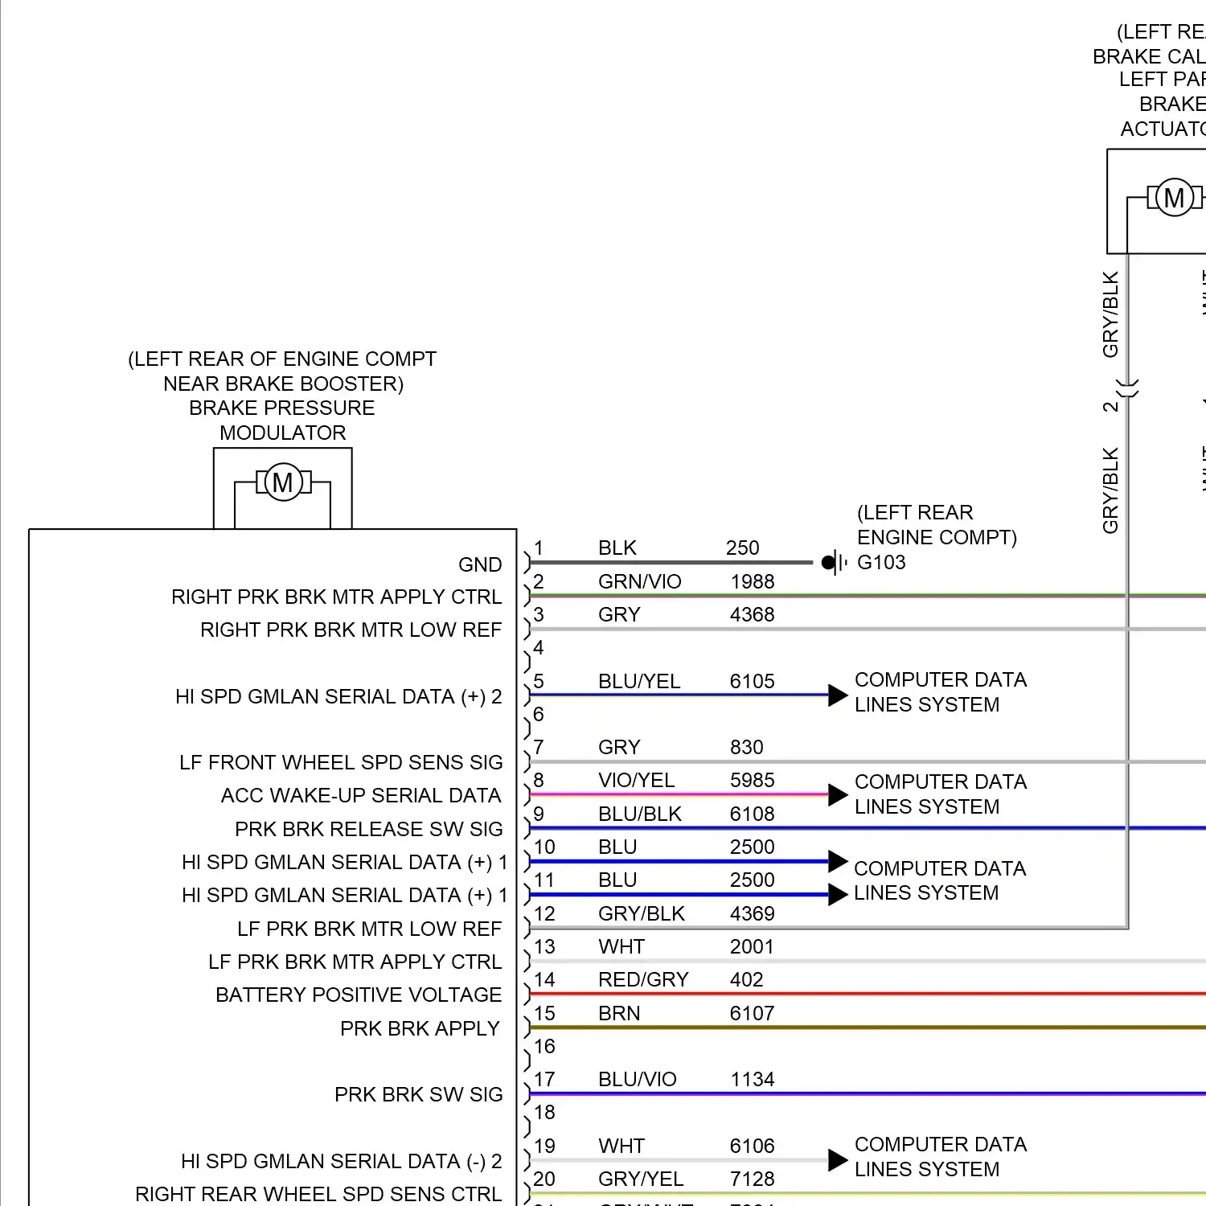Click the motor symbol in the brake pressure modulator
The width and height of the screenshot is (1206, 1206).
pyautogui.click(x=283, y=482)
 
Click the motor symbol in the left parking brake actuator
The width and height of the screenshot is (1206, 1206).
pyautogui.click(x=1174, y=197)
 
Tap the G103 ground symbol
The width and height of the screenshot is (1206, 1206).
pyautogui.click(x=834, y=562)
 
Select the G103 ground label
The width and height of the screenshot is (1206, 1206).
pyautogui.click(x=881, y=562)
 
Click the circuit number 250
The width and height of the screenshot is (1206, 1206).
pyautogui.click(x=742, y=548)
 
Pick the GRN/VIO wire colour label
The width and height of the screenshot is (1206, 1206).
pyautogui.click(x=639, y=581)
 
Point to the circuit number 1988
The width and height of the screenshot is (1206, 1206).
pyautogui.click(x=752, y=581)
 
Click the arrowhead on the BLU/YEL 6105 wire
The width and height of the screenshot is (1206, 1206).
pyautogui.click(x=838, y=695)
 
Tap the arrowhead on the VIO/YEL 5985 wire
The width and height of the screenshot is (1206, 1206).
pyautogui.click(x=838, y=795)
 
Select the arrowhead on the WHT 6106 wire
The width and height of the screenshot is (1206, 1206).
pyautogui.click(x=838, y=1160)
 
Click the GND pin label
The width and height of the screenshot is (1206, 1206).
pyautogui.click(x=480, y=565)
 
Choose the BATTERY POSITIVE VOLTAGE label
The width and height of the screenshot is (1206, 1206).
pyautogui.click(x=359, y=995)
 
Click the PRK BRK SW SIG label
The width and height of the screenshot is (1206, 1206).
pyautogui.click(x=418, y=1095)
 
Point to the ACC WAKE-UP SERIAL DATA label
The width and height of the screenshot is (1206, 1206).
pyautogui.click(x=361, y=796)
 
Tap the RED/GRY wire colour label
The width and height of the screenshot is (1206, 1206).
pyautogui.click(x=643, y=980)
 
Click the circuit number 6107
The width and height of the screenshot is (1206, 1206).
pyautogui.click(x=752, y=1013)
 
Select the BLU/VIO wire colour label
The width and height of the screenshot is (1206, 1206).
pyautogui.click(x=638, y=1080)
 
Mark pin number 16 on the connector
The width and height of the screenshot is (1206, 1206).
pyautogui.click(x=544, y=1047)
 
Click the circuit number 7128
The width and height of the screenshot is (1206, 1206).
pyautogui.click(x=752, y=1179)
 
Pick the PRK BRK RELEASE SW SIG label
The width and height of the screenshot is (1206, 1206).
pyautogui.click(x=368, y=829)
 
